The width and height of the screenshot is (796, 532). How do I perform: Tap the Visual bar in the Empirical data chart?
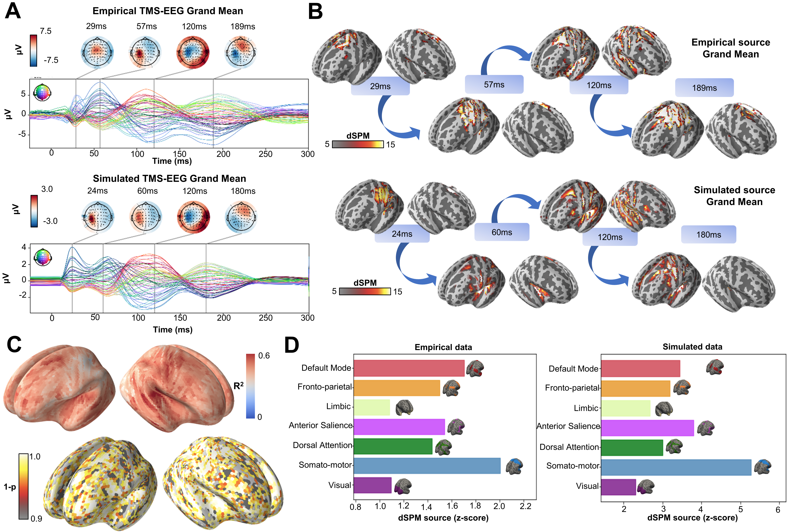pos(372,485)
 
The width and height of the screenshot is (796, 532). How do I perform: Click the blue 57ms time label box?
pos(494,85)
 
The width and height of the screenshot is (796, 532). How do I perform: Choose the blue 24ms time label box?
pos(402,234)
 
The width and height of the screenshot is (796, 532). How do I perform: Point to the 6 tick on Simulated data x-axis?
pos(778,510)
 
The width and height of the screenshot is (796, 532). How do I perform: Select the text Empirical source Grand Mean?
pos(730,48)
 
